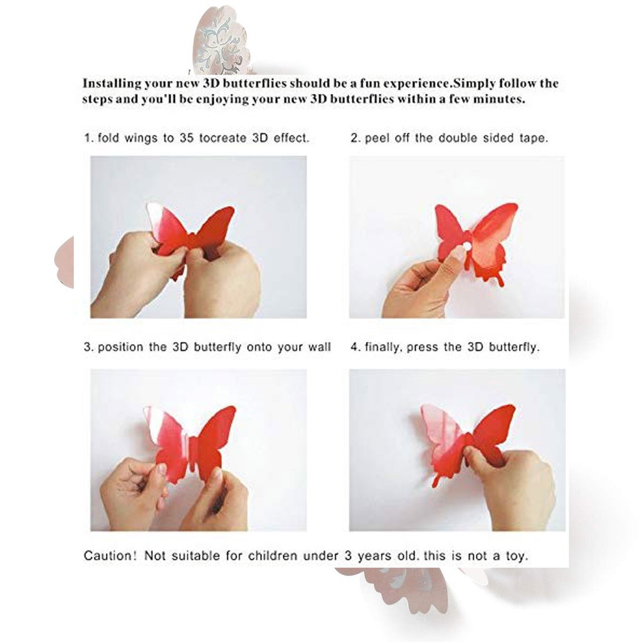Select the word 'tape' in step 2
tap(533, 139)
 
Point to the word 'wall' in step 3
tap(318, 347)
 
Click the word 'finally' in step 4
tap(384, 347)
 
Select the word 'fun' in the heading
tap(374, 83)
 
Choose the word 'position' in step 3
tap(123, 347)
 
